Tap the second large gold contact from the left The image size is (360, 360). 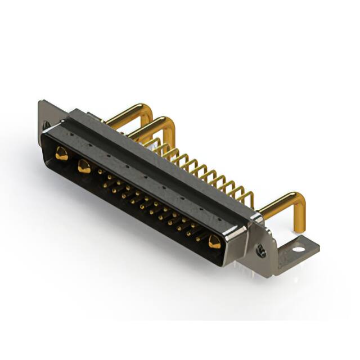[x=84, y=166]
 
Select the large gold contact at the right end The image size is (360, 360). [x=214, y=242]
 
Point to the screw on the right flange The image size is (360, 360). [x=260, y=249]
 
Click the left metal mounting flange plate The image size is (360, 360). [x=45, y=115]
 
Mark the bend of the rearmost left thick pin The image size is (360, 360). [x=147, y=107]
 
